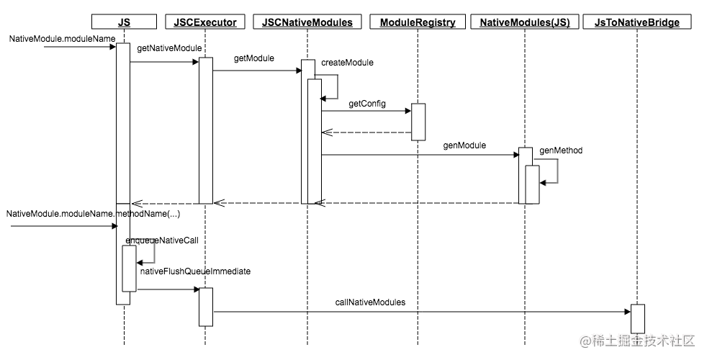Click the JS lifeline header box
124,22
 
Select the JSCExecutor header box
205,22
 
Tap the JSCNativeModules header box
307,22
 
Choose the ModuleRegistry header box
418,22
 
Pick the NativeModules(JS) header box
525,22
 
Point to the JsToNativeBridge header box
637,22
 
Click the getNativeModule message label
169,48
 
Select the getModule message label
254,58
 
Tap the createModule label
347,63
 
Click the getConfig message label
367,104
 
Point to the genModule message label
464,145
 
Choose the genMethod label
561,150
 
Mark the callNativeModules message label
370,302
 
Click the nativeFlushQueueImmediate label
195,271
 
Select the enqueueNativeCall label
162,240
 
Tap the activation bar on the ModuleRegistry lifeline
418,122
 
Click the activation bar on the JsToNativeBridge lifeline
638,319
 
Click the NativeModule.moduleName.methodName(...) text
93,214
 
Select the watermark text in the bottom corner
638,341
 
